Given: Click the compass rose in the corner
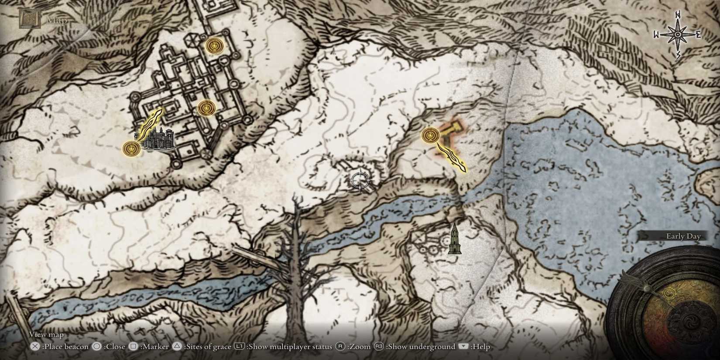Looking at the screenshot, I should click(x=677, y=34).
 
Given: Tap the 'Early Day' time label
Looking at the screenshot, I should click(x=683, y=236).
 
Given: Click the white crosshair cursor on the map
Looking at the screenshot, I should click(x=360, y=180).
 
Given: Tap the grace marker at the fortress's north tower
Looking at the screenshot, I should click(x=214, y=45).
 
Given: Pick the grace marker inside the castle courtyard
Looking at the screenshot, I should click(x=206, y=108).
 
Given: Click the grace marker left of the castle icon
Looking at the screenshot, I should click(x=130, y=149).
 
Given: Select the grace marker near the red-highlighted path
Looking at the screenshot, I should click(x=430, y=135).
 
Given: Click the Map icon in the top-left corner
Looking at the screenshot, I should click(x=30, y=19).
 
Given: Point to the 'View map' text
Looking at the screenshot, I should click(x=46, y=334).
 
